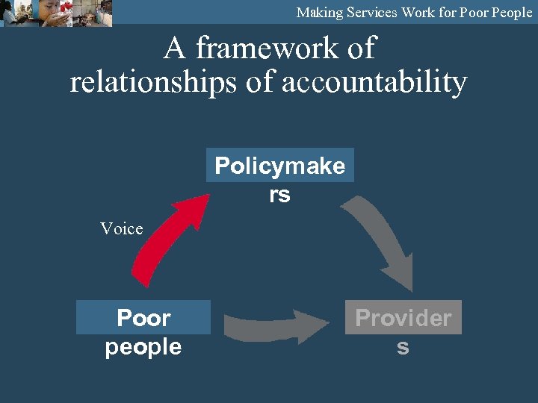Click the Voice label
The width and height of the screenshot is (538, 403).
(x=122, y=229)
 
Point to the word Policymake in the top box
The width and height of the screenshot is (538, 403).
(x=279, y=166)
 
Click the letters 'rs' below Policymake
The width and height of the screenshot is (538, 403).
(x=279, y=195)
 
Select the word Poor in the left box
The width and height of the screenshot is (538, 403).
(x=143, y=318)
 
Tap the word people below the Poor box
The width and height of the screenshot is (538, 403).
(x=143, y=347)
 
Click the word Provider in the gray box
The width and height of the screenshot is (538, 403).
(x=403, y=318)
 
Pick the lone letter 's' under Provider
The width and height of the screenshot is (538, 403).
(x=403, y=347)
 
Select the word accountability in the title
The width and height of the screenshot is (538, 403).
(x=374, y=82)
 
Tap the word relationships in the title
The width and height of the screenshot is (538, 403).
(x=153, y=82)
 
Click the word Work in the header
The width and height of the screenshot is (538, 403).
(x=422, y=13)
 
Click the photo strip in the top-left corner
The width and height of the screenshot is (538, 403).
(x=56, y=13)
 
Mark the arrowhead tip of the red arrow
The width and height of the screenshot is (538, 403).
(x=209, y=195)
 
